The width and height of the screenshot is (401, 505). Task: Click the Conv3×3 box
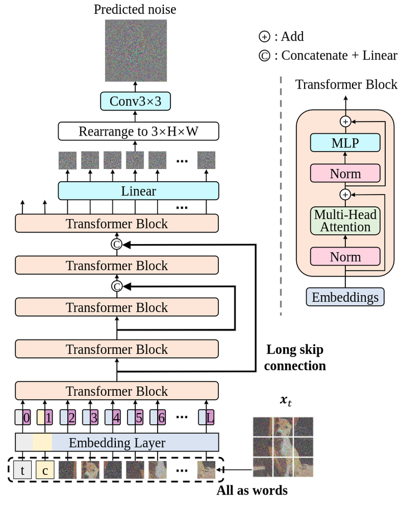click(135, 101)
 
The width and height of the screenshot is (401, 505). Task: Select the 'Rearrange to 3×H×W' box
click(139, 132)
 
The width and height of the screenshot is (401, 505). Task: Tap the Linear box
click(139, 191)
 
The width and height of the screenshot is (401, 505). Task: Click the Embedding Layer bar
click(117, 443)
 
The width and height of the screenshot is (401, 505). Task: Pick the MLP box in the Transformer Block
click(345, 143)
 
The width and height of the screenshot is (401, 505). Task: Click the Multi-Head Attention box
click(345, 221)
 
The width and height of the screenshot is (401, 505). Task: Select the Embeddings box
click(345, 297)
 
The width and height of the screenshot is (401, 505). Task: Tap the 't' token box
click(23, 470)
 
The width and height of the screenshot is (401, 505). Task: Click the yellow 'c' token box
click(45, 470)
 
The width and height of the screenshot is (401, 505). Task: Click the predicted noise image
click(136, 50)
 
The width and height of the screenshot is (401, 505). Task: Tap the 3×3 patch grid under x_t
click(282, 447)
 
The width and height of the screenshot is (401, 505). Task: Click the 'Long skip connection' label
click(295, 358)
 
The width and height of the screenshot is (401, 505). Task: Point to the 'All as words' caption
click(252, 491)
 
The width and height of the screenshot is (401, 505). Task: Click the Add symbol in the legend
click(264, 37)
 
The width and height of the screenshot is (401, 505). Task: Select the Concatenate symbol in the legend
click(264, 55)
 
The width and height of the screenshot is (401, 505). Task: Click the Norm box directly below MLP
click(345, 173)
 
